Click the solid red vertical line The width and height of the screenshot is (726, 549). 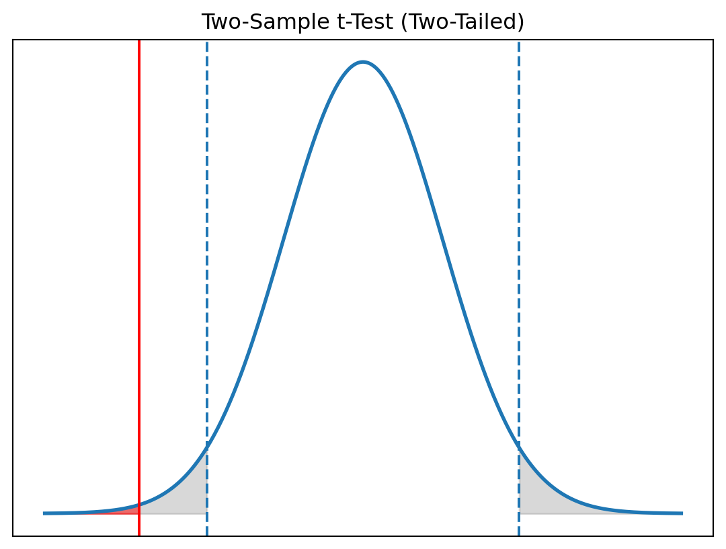[139, 269]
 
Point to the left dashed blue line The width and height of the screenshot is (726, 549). [207, 269]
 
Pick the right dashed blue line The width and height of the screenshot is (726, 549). [519, 269]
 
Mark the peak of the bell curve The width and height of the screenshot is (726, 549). [363, 62]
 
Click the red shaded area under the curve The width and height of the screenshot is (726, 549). [129, 511]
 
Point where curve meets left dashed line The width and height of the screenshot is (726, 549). [207, 447]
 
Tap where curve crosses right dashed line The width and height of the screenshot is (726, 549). [519, 447]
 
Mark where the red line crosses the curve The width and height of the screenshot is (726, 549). [139, 505]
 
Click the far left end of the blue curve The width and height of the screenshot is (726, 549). [44, 513]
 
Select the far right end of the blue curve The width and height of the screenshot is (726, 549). [682, 513]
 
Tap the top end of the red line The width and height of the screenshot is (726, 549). [139, 41]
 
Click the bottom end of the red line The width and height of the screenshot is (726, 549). [139, 535]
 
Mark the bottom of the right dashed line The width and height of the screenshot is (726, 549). [519, 535]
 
